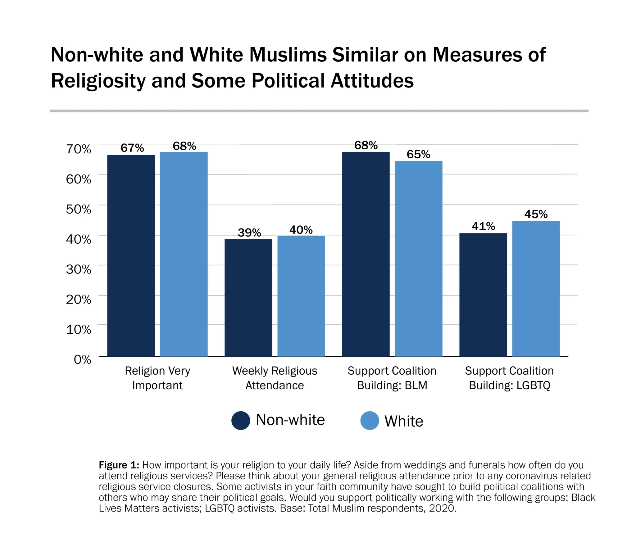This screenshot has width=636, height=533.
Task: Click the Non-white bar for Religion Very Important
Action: coord(131,255)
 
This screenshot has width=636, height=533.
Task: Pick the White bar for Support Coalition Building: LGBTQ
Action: coord(536,288)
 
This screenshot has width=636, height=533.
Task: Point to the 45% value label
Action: coord(536,214)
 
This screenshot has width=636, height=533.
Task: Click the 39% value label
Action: coord(249,233)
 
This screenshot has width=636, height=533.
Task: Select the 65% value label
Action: coord(418,154)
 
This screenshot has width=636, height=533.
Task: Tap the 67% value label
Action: coord(132,148)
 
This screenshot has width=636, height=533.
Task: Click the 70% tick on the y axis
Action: coord(78,149)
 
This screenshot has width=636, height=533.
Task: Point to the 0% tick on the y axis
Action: coord(82,359)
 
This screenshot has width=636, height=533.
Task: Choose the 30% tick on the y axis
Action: coord(78,269)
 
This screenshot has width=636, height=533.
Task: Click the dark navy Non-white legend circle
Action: coord(241,421)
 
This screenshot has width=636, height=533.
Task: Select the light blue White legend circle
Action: coord(370,421)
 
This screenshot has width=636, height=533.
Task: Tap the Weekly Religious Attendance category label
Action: coord(275,378)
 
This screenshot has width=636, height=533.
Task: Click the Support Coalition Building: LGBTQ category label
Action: coord(509,378)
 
